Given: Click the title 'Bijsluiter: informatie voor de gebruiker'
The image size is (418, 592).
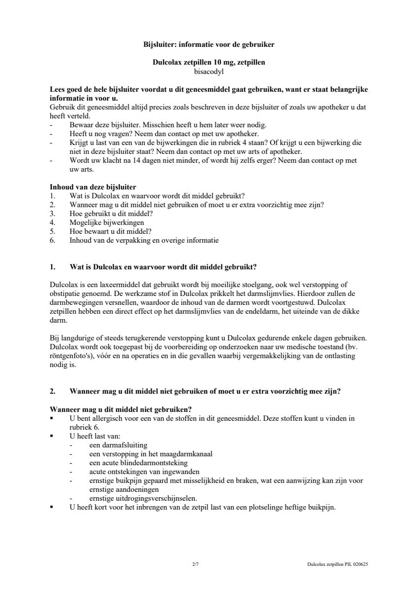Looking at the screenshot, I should (209, 44).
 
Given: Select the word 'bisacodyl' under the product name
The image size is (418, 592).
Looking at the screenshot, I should (209, 71).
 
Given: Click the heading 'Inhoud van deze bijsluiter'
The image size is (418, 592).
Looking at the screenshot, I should (93, 187).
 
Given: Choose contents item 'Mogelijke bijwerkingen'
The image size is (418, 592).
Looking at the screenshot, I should (104, 222).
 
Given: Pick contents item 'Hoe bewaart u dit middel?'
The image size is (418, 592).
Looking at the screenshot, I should (110, 231).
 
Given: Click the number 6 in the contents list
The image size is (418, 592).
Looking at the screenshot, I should (52, 241).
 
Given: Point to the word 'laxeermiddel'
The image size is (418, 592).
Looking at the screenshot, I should (113, 284).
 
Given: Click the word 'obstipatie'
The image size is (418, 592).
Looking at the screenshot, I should (65, 293).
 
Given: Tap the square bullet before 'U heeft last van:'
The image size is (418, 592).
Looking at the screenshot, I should (52, 436).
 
